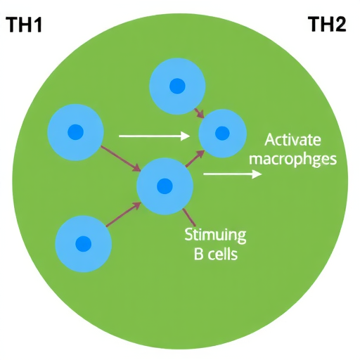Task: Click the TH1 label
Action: point(25,25)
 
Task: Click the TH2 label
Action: point(328,24)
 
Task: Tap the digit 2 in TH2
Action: point(340,24)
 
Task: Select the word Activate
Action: point(292,140)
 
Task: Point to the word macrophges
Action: point(292,160)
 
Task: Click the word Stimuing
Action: point(215,235)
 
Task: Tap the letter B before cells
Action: point(198,255)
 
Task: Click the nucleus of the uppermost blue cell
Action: point(177,86)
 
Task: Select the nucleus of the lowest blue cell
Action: point(83,244)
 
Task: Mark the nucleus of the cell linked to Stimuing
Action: point(165,186)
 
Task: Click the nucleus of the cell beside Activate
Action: point(222,133)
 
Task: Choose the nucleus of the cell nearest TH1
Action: point(75,132)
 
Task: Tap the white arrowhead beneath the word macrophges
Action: point(257,174)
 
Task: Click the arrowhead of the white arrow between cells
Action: point(185,136)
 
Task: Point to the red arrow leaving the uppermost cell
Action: point(200,113)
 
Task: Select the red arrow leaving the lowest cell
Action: point(124,214)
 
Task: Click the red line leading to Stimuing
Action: point(188,217)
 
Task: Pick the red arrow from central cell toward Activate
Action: point(195,158)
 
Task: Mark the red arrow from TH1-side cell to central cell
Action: point(121,159)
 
